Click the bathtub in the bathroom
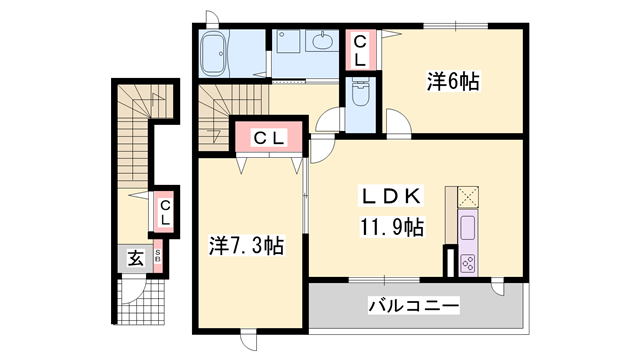click(x=216, y=52)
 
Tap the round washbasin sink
click(x=321, y=43)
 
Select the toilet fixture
click(x=360, y=96)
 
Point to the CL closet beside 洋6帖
click(x=359, y=50)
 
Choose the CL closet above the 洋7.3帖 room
click(x=265, y=137)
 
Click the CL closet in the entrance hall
click(x=166, y=211)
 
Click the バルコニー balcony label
click(x=412, y=305)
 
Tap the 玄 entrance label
click(x=134, y=258)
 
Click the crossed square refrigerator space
click(x=469, y=196)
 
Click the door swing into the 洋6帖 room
click(x=397, y=126)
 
